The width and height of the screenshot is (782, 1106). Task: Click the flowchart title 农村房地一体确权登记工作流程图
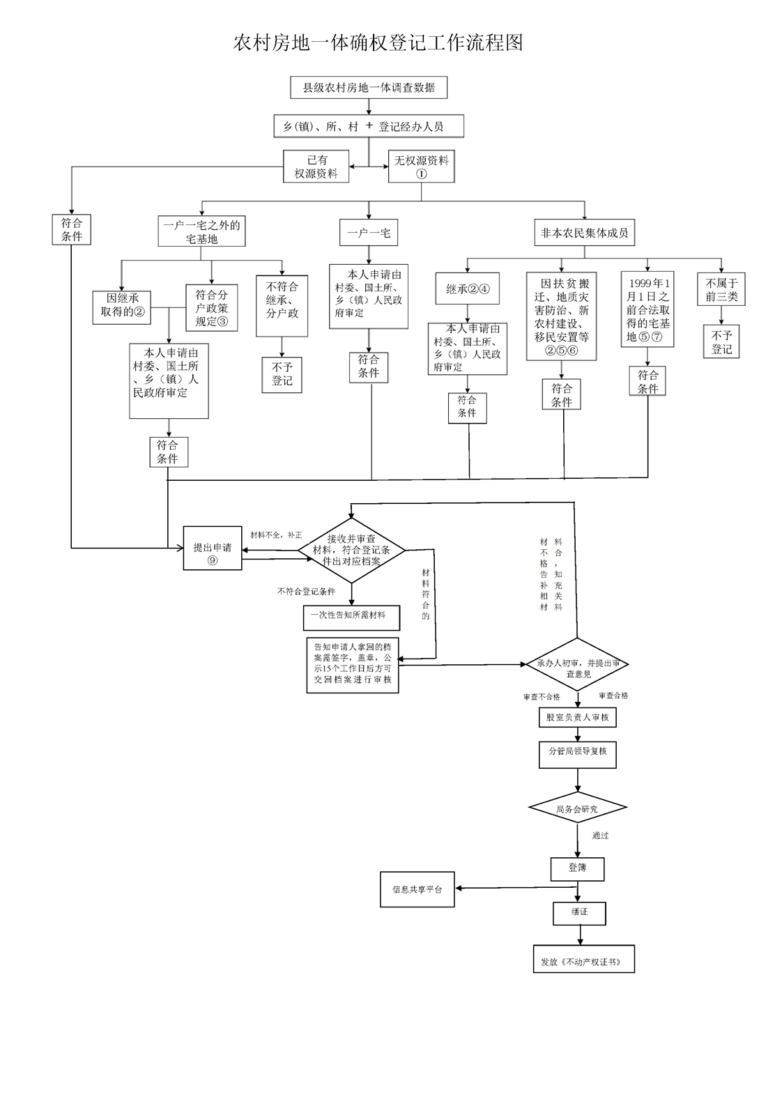(x=378, y=43)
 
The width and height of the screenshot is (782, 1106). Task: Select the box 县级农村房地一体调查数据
(x=368, y=88)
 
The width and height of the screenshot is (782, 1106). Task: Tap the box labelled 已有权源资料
(x=316, y=167)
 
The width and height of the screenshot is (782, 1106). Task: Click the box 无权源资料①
(x=421, y=167)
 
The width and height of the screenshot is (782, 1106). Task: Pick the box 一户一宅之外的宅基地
(x=201, y=231)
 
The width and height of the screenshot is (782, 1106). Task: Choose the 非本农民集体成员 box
(x=584, y=233)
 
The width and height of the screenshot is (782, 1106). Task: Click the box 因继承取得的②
(x=122, y=306)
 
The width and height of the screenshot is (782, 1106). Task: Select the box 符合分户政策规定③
(x=211, y=307)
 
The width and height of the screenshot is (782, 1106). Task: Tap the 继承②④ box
(x=468, y=289)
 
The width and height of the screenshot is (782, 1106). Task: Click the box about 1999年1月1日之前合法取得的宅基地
(x=647, y=309)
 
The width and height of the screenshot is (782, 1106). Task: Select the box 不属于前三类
(x=721, y=290)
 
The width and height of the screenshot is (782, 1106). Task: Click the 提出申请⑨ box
(x=212, y=548)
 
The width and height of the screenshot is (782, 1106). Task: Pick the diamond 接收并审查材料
(x=351, y=549)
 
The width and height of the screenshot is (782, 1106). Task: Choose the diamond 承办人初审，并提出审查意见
(x=578, y=664)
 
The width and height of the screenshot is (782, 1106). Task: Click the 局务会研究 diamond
(x=577, y=808)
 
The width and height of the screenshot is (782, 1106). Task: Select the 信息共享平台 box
(x=417, y=889)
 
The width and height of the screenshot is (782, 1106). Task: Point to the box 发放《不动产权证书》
(x=583, y=960)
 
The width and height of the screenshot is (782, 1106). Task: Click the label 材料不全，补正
(x=277, y=535)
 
